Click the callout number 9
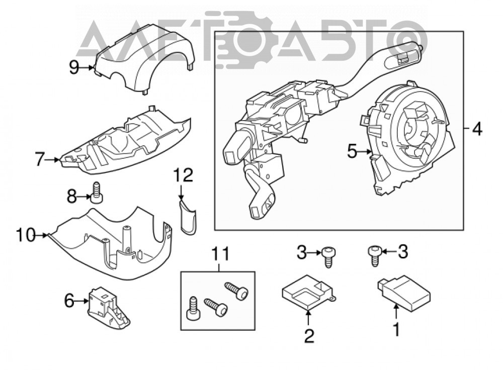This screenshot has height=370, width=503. coord(74,67)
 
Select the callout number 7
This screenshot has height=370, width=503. coord(40,159)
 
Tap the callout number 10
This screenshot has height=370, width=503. coord(26,235)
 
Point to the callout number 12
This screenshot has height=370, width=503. coord(184,175)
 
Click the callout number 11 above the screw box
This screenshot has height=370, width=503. coord(221,253)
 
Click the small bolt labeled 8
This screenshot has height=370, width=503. coord(97,193)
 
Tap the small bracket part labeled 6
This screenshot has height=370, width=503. coord(108,309)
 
